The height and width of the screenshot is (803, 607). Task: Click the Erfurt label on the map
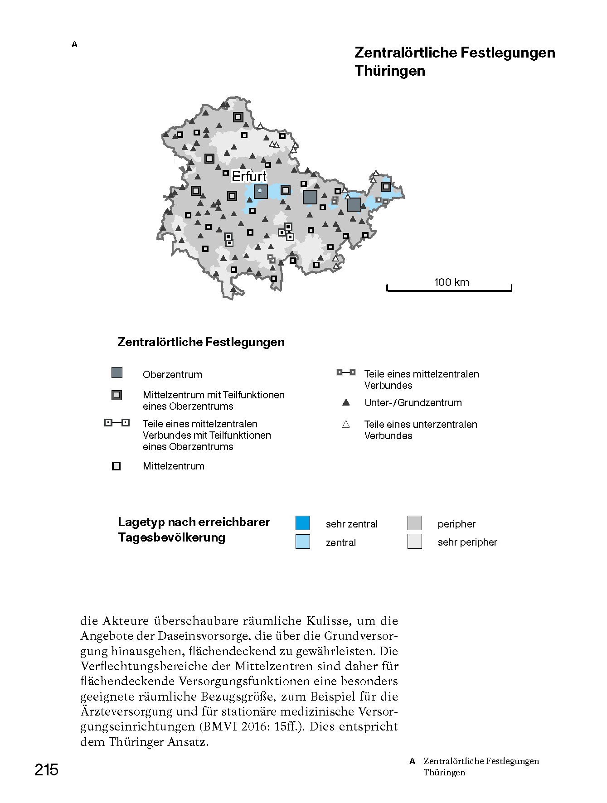[x=249, y=176]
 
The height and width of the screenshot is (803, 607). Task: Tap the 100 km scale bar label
[x=452, y=282]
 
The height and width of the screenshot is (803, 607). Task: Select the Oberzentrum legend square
[x=117, y=373]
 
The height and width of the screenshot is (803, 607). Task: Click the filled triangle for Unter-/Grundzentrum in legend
[x=346, y=402]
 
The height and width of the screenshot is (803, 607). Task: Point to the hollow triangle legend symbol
[x=346, y=425]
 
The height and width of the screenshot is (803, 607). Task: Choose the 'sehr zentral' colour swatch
[x=303, y=523]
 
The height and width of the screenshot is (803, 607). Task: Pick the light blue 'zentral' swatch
[x=303, y=542]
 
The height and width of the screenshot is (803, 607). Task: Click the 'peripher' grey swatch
[x=415, y=523]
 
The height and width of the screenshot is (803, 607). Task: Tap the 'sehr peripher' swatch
[x=415, y=542]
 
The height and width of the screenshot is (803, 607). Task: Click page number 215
[x=46, y=770]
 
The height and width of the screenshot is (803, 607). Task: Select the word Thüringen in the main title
[x=390, y=71]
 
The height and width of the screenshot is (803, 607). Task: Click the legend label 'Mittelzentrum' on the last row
[x=174, y=466]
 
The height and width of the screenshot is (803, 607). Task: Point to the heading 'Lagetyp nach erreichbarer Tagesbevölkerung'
[x=194, y=530]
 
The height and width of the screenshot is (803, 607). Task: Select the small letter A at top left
[x=75, y=44]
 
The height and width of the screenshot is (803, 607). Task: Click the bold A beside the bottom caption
[x=412, y=761]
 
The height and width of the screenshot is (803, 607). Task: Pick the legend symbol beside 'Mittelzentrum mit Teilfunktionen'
[x=117, y=395]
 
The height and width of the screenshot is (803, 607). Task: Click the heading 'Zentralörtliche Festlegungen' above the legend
[x=201, y=342]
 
